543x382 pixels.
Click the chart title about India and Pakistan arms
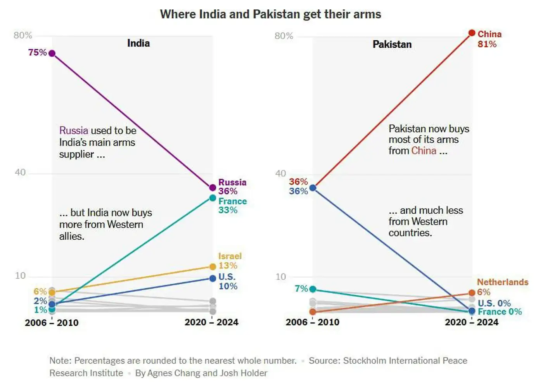[x=270, y=14]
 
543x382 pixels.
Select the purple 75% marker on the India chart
[x=52, y=53]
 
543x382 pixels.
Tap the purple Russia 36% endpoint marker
[x=213, y=188]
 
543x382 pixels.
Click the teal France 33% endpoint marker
[x=213, y=198]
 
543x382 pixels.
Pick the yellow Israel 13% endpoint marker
[x=213, y=266]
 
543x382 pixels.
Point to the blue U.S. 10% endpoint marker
[x=213, y=278]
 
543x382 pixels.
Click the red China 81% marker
[x=472, y=33]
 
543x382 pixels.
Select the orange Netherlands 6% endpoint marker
[x=472, y=293]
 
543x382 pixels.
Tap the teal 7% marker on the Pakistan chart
[x=313, y=289]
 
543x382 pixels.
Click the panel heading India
[x=138, y=43]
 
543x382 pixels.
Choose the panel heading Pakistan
[x=392, y=44]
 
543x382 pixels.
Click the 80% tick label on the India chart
[x=23, y=35]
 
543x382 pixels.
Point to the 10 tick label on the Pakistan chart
[x=280, y=277]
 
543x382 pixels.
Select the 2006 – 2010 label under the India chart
[x=52, y=323]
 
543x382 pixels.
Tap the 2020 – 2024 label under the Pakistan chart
[x=472, y=322]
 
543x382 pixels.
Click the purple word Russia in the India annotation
[x=74, y=131]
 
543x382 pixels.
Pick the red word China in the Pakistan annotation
[x=424, y=150]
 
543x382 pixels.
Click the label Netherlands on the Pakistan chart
[x=503, y=282]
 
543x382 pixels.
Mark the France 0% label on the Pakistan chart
[x=500, y=312]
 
